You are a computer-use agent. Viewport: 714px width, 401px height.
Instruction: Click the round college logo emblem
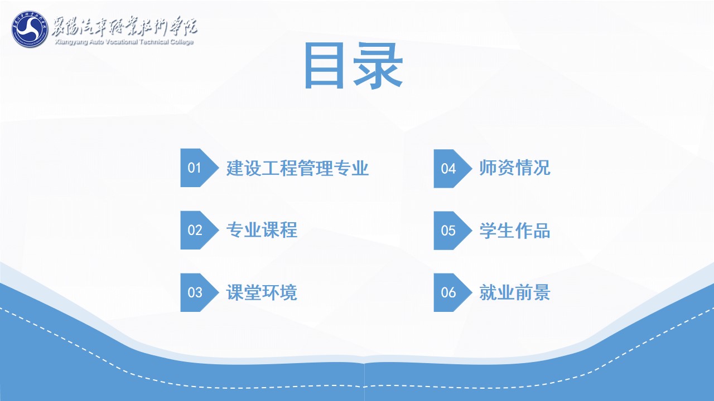(x=30, y=30)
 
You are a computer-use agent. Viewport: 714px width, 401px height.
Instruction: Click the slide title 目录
(x=354, y=66)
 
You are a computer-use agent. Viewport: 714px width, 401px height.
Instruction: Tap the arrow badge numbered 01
(x=200, y=168)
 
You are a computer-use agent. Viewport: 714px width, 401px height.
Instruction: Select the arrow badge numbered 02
(x=200, y=230)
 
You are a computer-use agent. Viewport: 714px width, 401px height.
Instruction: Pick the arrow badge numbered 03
(x=200, y=292)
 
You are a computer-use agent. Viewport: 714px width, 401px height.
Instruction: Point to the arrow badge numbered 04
(x=453, y=168)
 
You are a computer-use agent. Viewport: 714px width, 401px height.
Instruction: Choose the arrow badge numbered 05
(x=453, y=231)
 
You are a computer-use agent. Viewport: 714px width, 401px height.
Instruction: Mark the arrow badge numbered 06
(x=453, y=292)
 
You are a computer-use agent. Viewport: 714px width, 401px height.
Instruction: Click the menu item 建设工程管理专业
(x=297, y=168)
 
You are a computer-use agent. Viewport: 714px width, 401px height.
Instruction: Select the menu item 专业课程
(x=262, y=230)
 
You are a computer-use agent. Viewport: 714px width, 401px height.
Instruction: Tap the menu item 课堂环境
(x=262, y=292)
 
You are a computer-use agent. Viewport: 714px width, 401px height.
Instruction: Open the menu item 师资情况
(x=515, y=168)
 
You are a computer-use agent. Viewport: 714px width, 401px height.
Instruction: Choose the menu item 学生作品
(x=515, y=231)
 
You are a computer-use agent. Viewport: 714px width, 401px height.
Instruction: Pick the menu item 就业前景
(x=515, y=292)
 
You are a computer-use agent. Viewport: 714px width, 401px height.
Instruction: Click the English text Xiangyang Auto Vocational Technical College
(x=124, y=42)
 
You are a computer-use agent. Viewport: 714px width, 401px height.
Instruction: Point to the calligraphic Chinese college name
(x=124, y=26)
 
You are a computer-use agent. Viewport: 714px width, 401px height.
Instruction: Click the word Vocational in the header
(x=121, y=42)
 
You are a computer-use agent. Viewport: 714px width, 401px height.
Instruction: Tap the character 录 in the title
(x=378, y=66)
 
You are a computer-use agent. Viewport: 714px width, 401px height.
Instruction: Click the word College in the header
(x=182, y=42)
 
